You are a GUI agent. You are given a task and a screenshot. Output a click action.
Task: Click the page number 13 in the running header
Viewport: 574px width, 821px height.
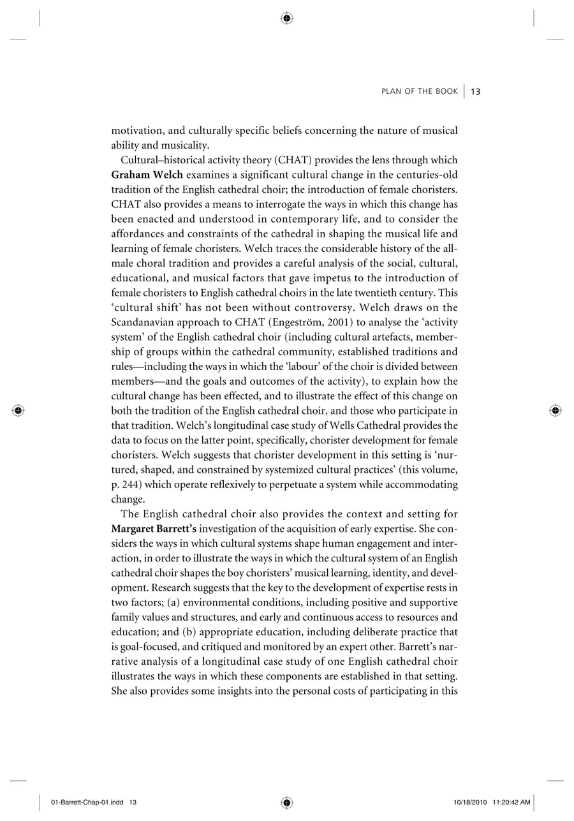(x=476, y=92)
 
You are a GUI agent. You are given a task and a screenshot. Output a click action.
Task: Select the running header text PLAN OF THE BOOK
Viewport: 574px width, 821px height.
(x=420, y=92)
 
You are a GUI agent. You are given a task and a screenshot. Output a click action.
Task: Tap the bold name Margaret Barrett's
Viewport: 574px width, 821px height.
(x=153, y=529)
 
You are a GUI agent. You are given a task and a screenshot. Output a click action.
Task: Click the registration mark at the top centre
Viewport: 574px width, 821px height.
(x=287, y=18)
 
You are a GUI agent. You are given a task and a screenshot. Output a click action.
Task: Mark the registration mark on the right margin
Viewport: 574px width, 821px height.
(x=556, y=410)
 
